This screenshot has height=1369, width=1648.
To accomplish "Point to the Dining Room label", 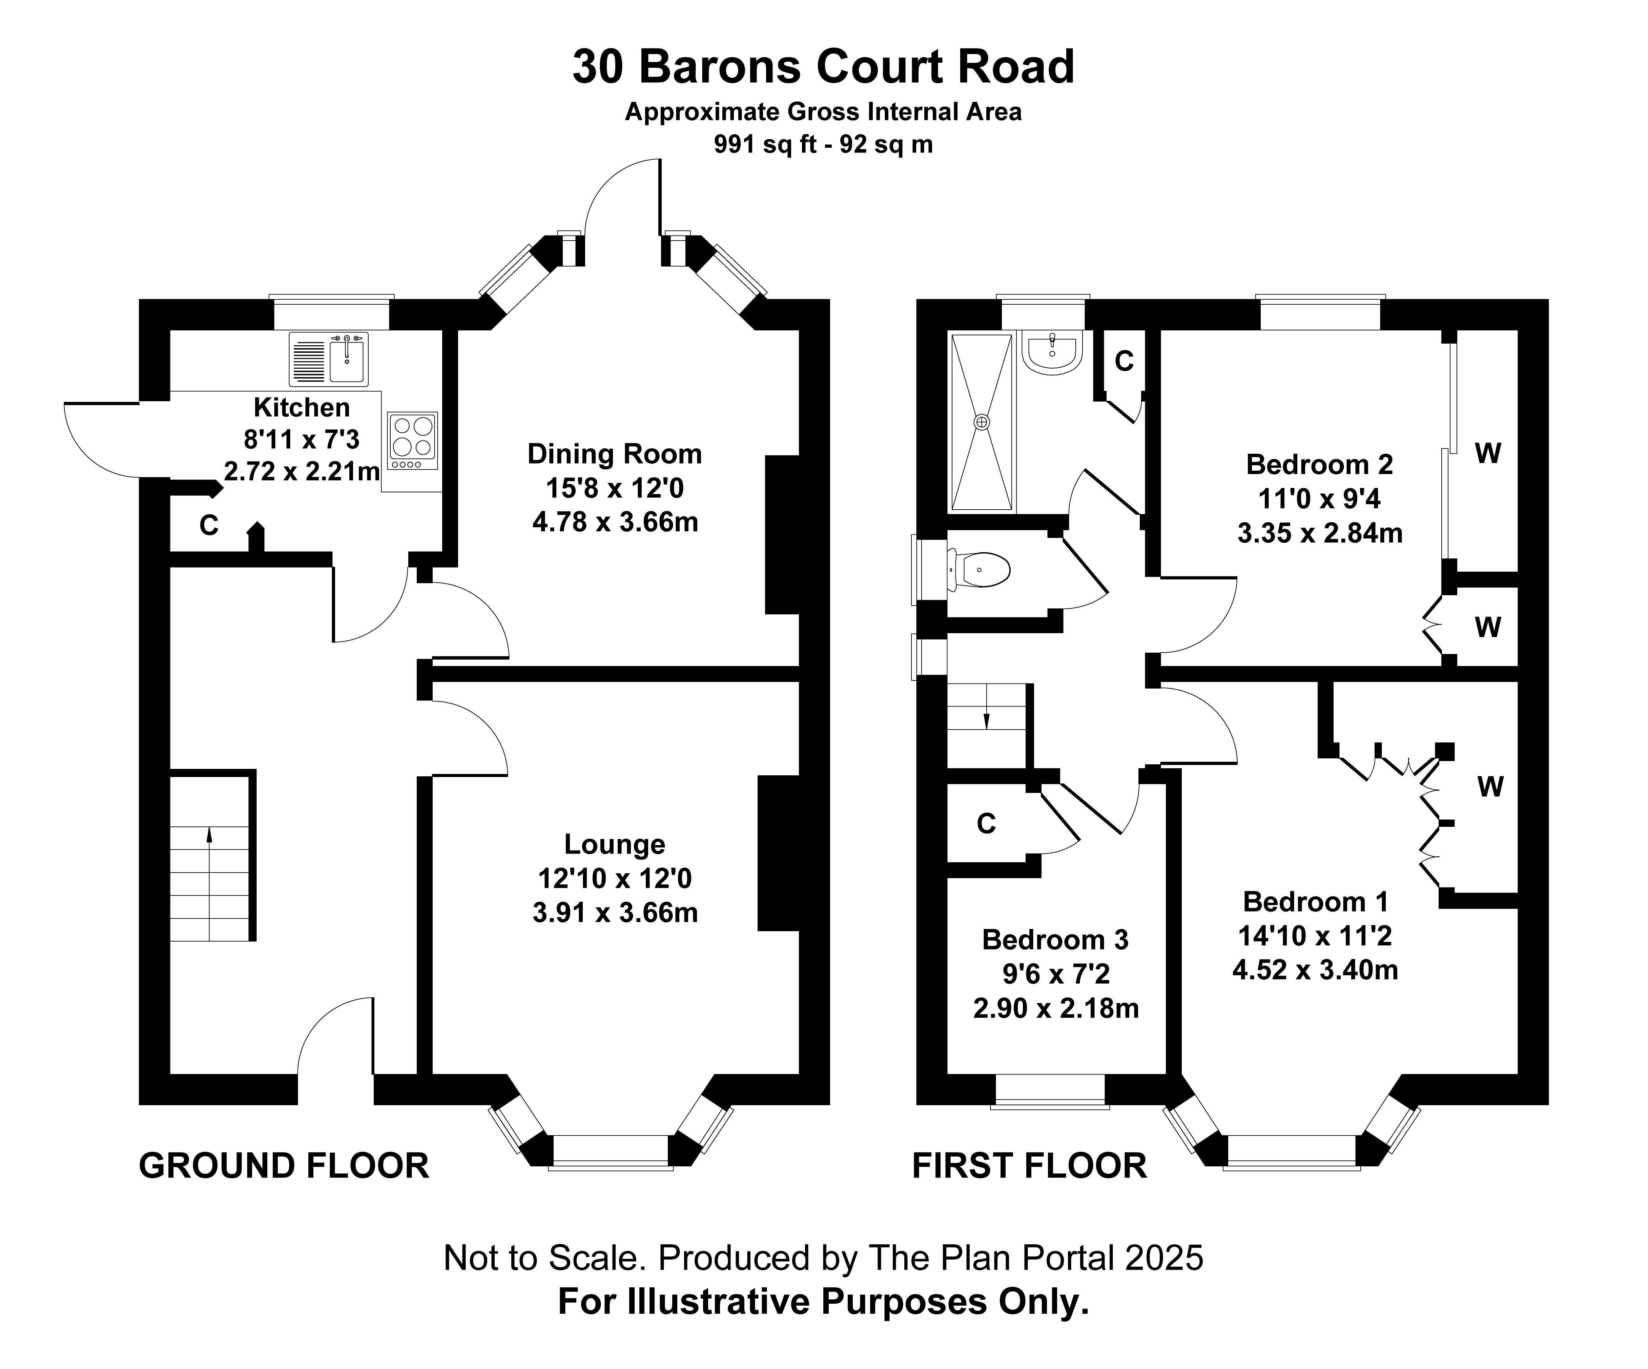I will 615,454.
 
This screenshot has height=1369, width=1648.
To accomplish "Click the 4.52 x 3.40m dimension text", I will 1315,970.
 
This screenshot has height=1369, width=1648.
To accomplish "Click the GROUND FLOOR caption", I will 284,1166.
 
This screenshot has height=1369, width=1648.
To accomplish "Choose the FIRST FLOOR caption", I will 1029,1166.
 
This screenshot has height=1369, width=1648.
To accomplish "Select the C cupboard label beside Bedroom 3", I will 986,823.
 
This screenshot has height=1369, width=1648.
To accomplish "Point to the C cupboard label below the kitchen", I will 209,525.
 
